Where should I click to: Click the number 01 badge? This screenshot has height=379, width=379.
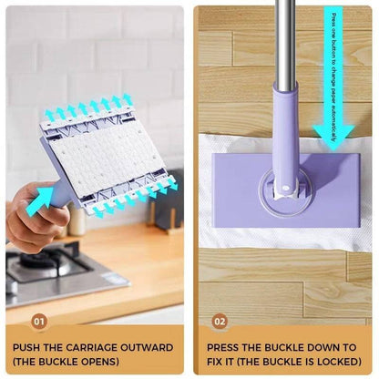tap(38, 321)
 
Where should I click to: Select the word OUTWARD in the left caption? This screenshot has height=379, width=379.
tap(145, 347)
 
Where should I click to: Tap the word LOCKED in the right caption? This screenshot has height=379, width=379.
tap(326, 361)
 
